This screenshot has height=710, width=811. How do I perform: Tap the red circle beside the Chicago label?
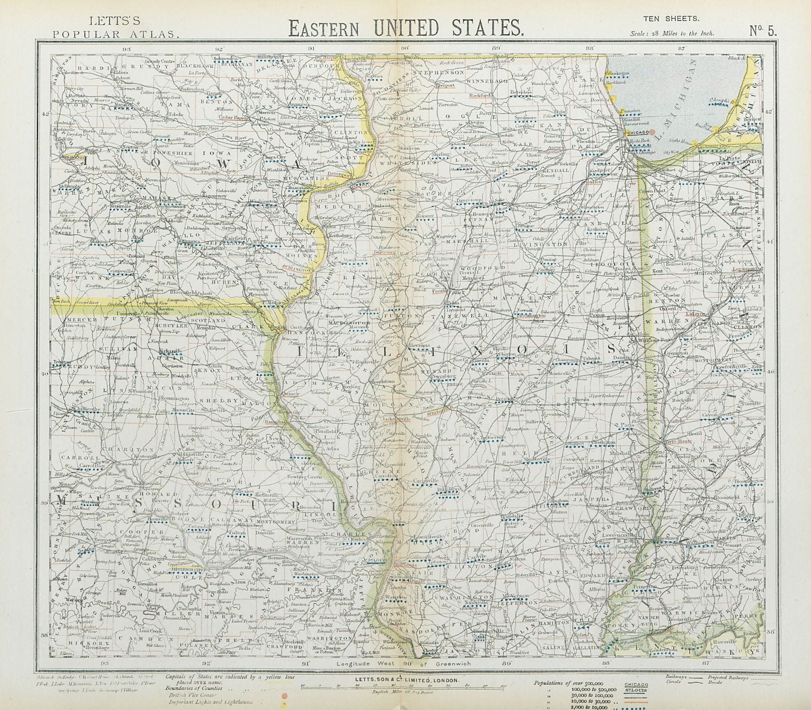pyautogui.click(x=624, y=131)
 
